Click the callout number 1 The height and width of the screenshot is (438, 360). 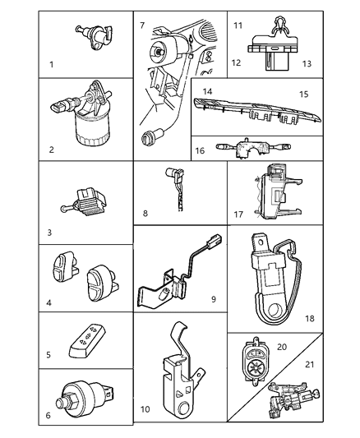coord(51,63)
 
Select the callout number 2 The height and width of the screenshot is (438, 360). coord(52,150)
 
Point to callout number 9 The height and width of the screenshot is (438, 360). coord(212,299)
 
